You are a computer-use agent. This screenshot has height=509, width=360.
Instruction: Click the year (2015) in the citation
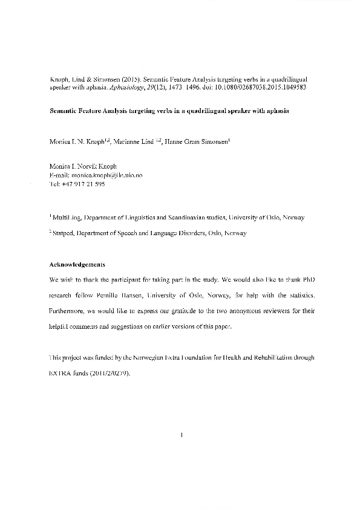[x=127, y=79]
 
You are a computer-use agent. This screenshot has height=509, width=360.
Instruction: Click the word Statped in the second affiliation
[x=64, y=233]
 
